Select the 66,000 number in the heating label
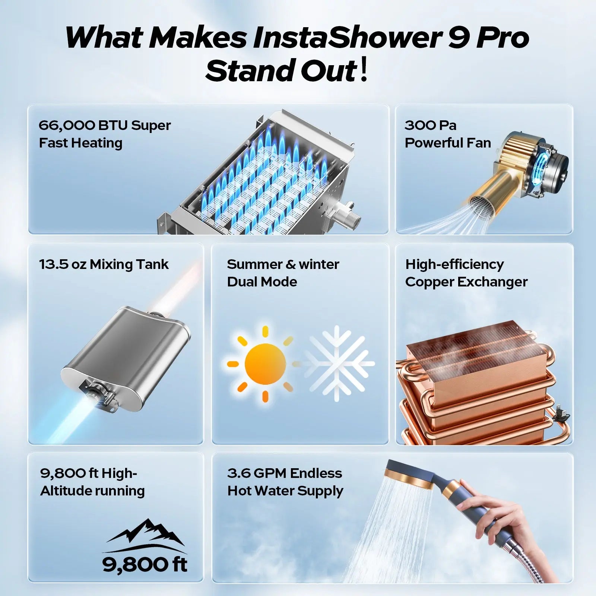[x=66, y=126]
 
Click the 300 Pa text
[x=430, y=126]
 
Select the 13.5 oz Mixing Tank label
[x=104, y=264]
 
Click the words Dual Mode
[x=262, y=282]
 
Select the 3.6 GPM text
[x=257, y=473]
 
